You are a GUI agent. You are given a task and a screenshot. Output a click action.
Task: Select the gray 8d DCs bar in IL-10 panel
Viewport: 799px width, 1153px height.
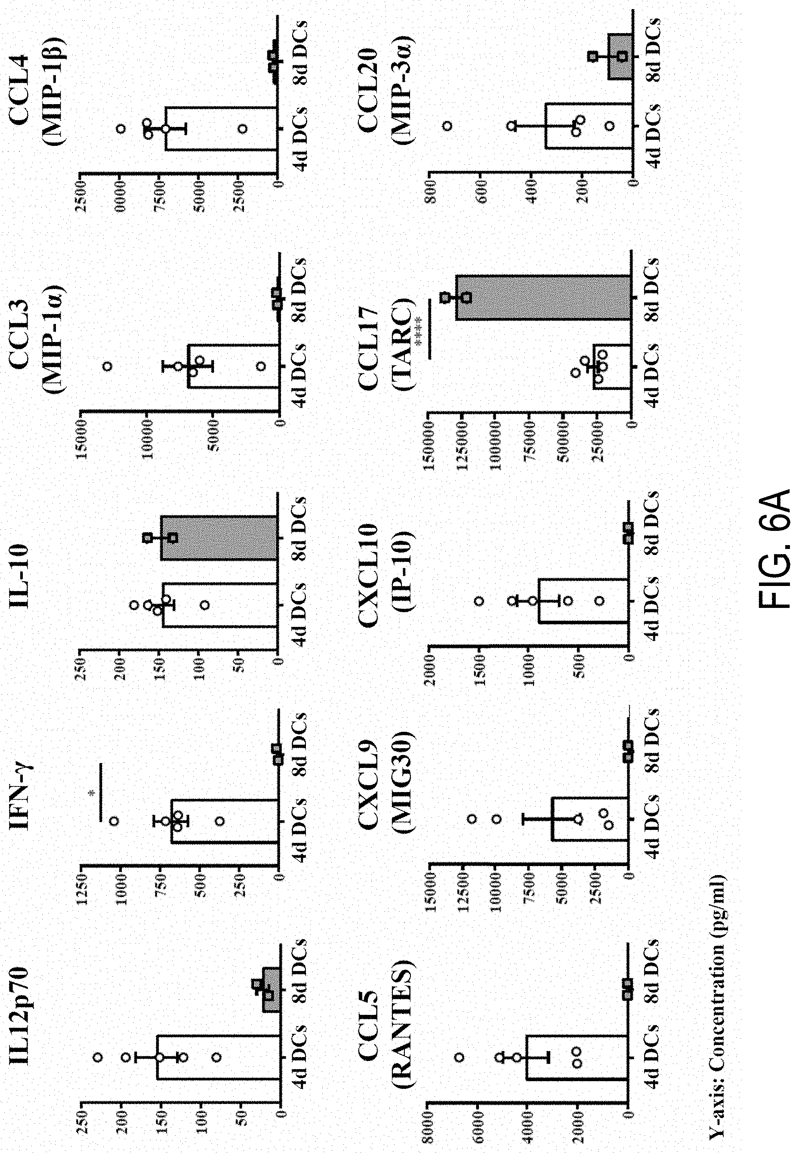[218, 538]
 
